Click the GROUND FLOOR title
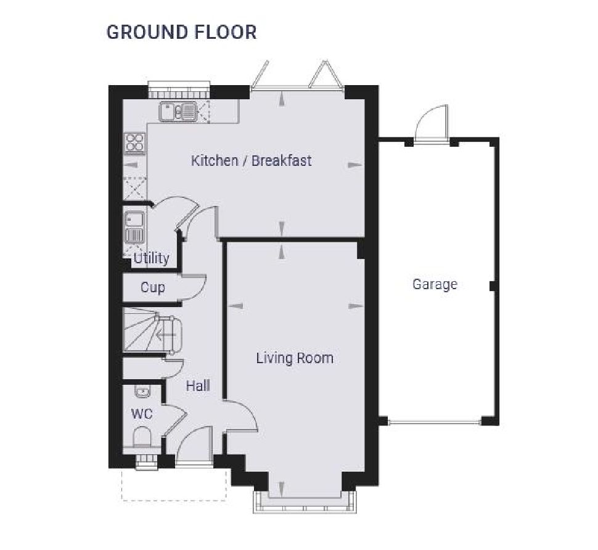coord(181,32)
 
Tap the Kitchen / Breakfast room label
coord(251,161)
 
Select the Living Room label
coord(295,358)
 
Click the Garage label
coord(435,284)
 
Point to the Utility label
coord(151,258)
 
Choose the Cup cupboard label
coord(152,287)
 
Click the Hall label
coord(198,386)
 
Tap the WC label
coord(141,413)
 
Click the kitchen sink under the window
coord(178,112)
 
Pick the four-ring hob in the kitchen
coord(134,143)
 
